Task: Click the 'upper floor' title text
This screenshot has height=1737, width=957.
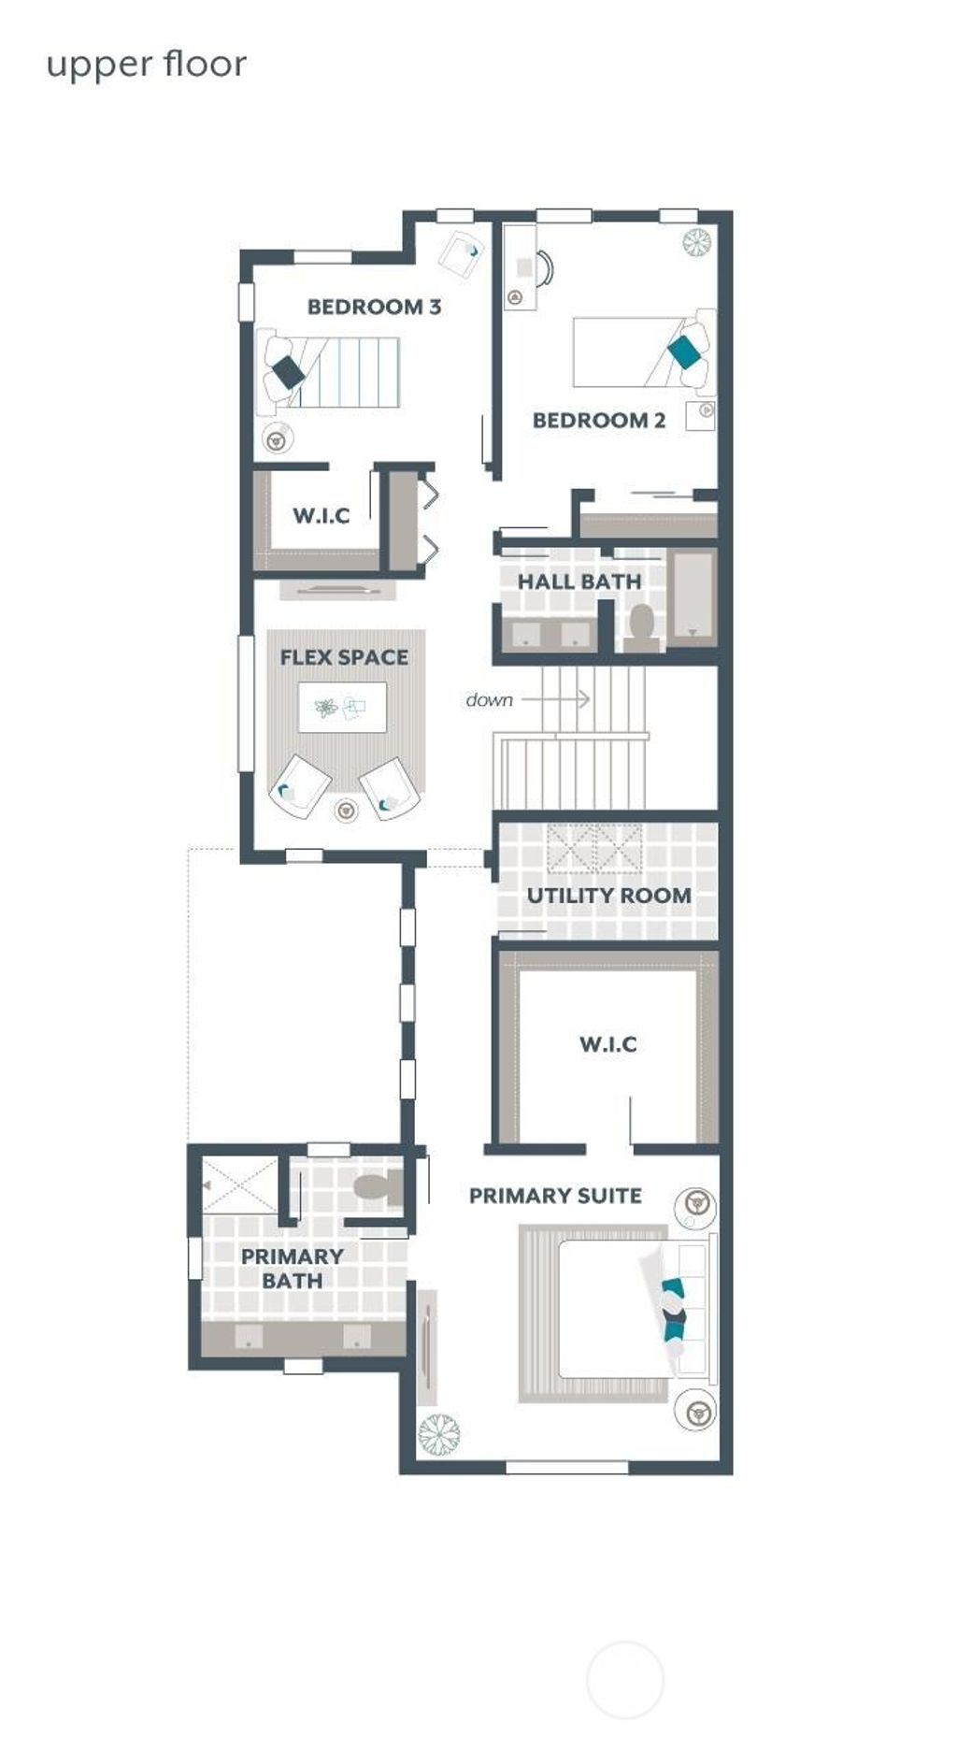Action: pyautogui.click(x=147, y=65)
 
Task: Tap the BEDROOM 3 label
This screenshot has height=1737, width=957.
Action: pyautogui.click(x=374, y=307)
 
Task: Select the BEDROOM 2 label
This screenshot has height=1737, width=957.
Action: pyautogui.click(x=599, y=420)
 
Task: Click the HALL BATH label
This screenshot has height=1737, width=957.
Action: pyautogui.click(x=579, y=581)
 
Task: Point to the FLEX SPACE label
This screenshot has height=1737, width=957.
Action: pyautogui.click(x=344, y=657)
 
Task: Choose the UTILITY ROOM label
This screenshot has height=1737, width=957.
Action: pyautogui.click(x=609, y=895)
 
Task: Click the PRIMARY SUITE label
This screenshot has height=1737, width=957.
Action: pyautogui.click(x=555, y=1195)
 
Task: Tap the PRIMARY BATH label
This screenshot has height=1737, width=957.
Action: pyautogui.click(x=293, y=1268)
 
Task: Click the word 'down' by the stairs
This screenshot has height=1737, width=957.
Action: pyautogui.click(x=489, y=699)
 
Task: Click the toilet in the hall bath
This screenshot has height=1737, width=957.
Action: pyautogui.click(x=641, y=624)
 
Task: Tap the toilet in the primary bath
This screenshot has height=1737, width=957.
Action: pyautogui.click(x=374, y=1187)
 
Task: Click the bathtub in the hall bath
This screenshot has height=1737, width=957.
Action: pyautogui.click(x=693, y=595)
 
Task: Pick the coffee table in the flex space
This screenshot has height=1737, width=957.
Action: pyautogui.click(x=342, y=708)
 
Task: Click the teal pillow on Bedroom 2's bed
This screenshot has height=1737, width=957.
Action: pyautogui.click(x=687, y=352)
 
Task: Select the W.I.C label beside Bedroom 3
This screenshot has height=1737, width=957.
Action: pyautogui.click(x=321, y=515)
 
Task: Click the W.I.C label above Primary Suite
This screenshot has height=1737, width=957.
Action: pyautogui.click(x=608, y=1043)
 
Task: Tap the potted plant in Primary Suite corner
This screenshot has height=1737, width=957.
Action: pyautogui.click(x=438, y=1433)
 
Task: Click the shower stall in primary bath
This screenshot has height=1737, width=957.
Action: pyautogui.click(x=241, y=1184)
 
